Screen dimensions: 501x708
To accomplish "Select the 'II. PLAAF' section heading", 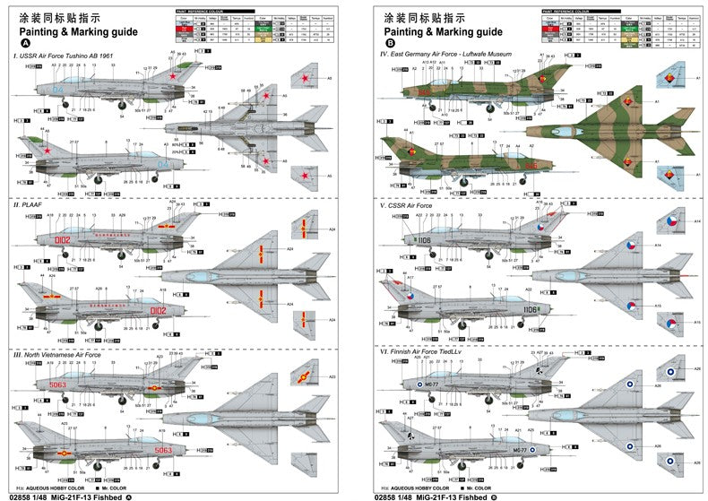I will [29, 205].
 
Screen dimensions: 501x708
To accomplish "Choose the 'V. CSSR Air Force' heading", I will [410, 205].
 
